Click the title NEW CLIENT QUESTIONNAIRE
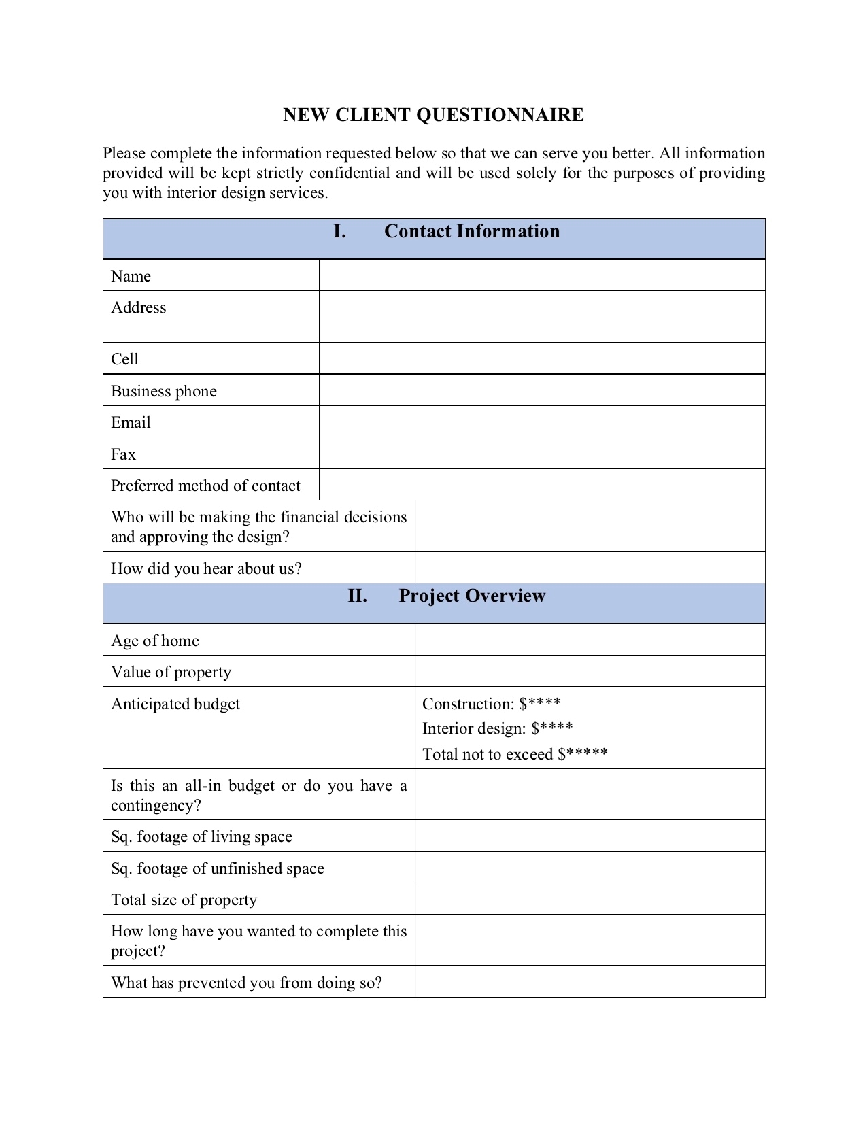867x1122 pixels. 433,115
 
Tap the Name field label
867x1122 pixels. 131,276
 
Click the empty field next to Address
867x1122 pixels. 542,317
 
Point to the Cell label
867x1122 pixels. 125,359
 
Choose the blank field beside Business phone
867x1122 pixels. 542,390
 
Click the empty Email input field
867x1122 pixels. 542,422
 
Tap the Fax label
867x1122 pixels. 124,454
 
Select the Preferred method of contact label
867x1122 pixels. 205,486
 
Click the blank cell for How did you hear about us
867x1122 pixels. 590,568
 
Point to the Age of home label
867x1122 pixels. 155,641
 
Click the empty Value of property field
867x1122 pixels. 590,672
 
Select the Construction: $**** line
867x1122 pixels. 492,704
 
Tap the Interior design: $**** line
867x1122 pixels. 498,729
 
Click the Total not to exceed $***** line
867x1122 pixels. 515,754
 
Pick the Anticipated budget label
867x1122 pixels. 175,704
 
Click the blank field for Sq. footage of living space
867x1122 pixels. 590,836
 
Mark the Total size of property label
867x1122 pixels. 184,900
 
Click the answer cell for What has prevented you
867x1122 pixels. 590,982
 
